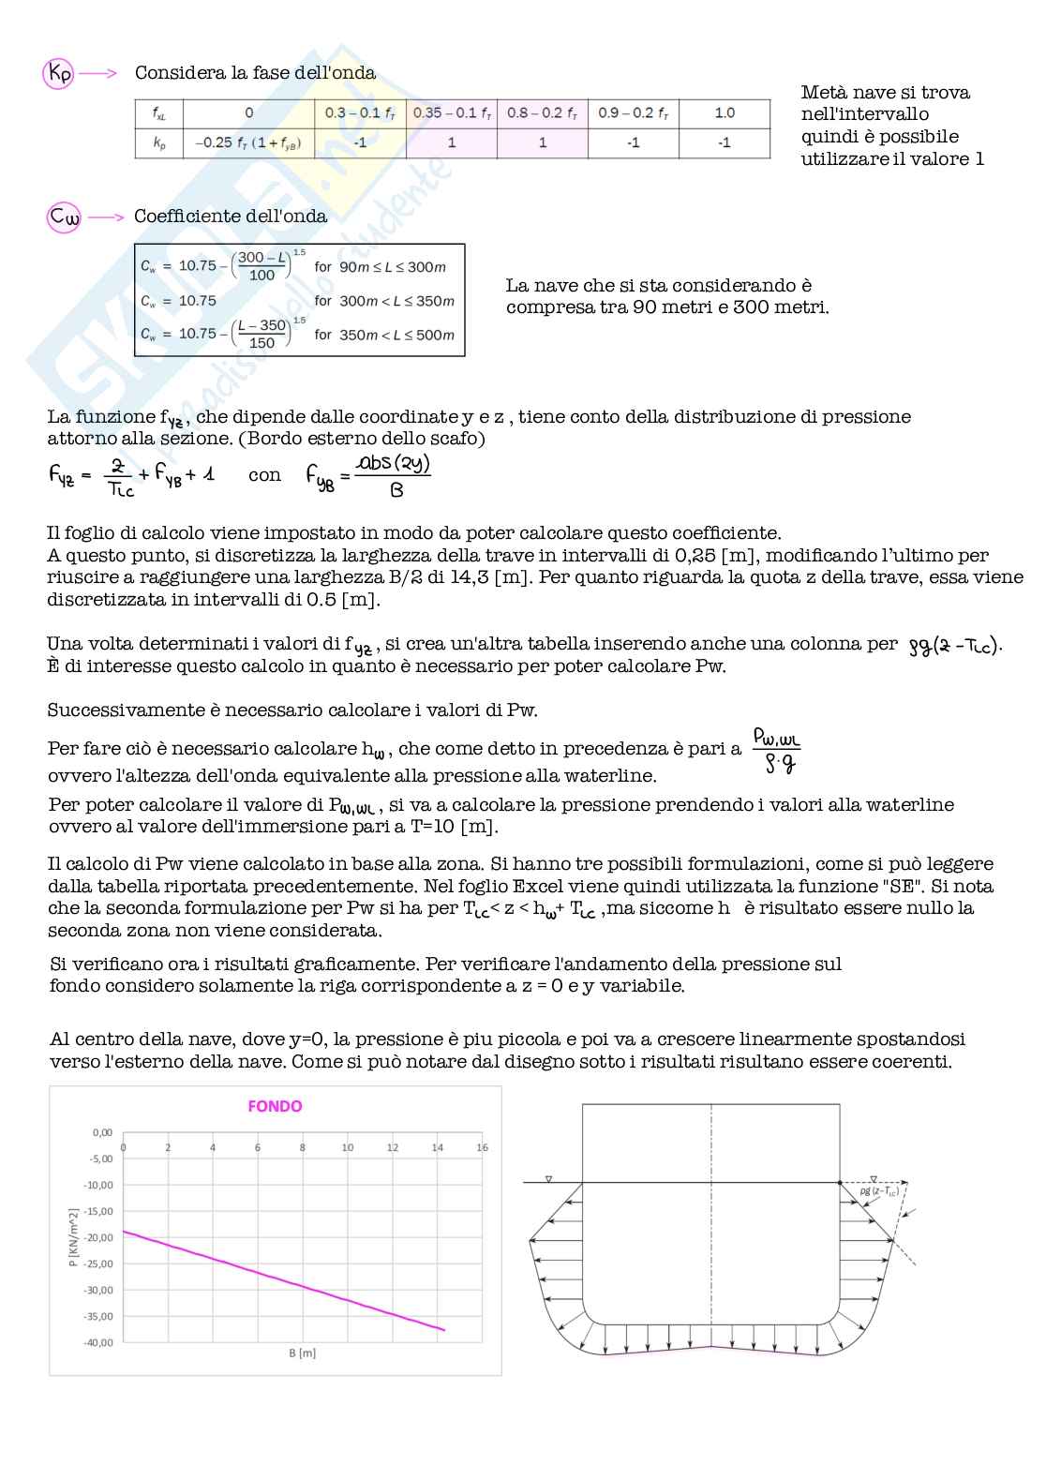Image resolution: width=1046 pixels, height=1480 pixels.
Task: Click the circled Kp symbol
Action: point(58,73)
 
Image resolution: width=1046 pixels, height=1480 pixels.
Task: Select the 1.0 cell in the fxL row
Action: point(725,113)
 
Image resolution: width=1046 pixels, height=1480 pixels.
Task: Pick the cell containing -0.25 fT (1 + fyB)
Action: point(248,143)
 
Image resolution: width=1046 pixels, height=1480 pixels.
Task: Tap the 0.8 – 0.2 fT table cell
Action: point(542,113)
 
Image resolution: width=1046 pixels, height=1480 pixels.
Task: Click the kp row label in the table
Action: point(159,143)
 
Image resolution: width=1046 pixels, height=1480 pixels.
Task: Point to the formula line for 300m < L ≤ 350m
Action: point(298,301)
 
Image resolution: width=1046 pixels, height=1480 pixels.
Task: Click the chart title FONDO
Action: point(275,1107)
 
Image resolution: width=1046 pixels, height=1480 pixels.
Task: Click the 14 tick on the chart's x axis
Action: point(437,1147)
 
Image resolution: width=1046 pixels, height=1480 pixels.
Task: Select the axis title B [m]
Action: point(302,1353)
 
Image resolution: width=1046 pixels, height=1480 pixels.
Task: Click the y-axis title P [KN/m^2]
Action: point(73,1237)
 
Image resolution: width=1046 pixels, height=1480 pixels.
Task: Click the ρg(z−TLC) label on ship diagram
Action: point(879,1191)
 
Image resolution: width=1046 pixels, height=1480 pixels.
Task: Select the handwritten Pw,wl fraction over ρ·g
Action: point(777,751)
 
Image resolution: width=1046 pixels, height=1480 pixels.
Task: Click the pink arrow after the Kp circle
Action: point(97,73)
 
